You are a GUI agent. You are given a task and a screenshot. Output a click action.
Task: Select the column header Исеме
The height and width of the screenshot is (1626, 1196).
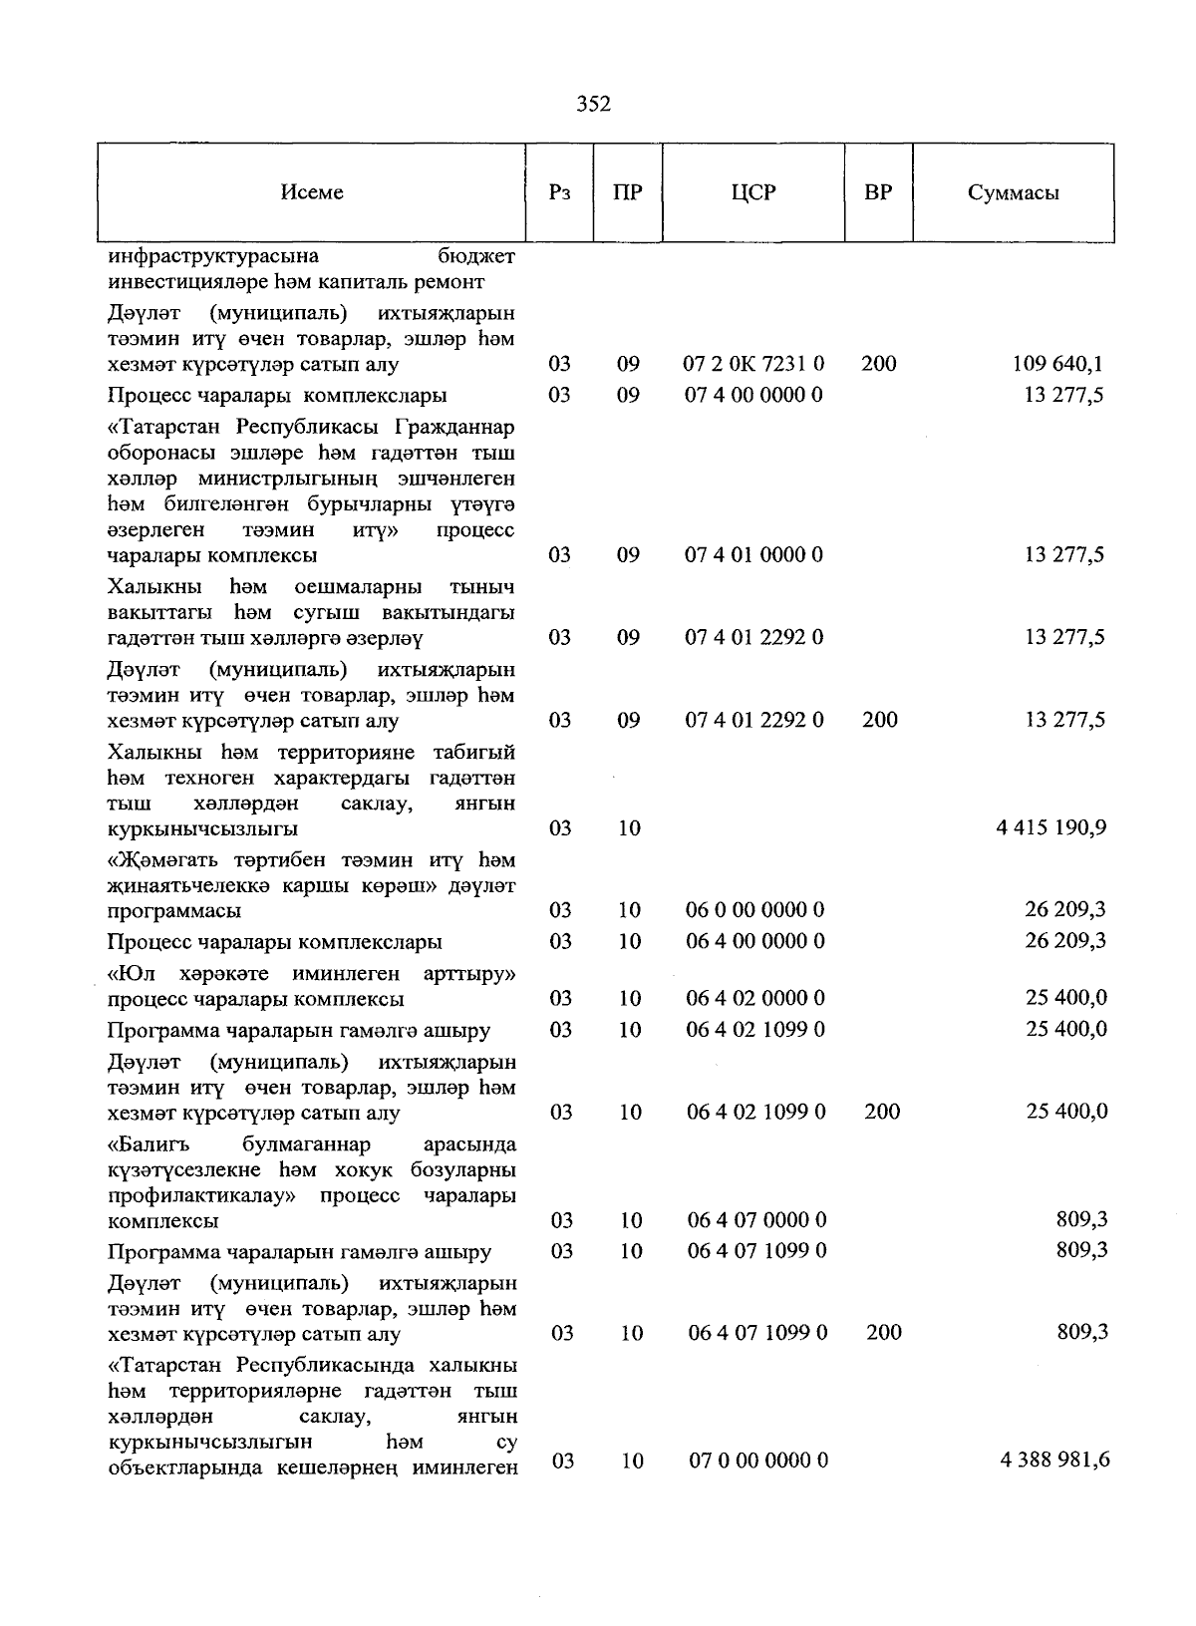[x=311, y=192]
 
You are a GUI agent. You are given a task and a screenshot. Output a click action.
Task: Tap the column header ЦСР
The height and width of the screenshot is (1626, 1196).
[x=752, y=192]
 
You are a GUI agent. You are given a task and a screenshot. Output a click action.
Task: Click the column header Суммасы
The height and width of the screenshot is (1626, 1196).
[x=1013, y=192]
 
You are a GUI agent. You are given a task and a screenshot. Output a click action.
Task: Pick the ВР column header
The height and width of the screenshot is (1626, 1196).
[x=878, y=192]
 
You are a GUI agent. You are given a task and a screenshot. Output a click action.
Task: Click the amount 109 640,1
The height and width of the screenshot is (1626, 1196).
[x=1057, y=364]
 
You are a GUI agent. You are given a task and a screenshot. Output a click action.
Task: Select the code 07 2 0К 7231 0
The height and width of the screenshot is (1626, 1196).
[x=753, y=364]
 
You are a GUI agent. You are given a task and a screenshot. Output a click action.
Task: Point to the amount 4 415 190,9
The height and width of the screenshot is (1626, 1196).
[x=1050, y=827]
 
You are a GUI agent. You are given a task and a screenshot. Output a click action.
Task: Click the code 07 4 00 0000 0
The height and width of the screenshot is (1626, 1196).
[x=753, y=395]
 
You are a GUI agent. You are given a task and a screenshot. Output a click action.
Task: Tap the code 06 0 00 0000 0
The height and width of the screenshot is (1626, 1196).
[x=755, y=910]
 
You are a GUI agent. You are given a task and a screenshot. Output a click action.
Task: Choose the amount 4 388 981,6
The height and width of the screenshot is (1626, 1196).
[x=1054, y=1461]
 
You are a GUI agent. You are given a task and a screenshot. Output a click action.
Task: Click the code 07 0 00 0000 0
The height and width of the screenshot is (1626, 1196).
[x=758, y=1461]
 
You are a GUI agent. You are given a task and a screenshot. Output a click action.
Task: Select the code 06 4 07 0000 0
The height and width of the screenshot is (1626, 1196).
[x=756, y=1220]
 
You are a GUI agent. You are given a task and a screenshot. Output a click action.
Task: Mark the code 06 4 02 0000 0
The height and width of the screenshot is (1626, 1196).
[x=755, y=998]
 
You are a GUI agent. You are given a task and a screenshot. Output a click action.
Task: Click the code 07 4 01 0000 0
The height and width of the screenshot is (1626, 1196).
[x=753, y=555]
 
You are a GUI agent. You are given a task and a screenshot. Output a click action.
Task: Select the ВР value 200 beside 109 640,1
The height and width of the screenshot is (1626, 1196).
[x=878, y=364]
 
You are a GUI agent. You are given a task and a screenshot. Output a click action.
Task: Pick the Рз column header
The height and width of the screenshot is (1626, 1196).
[x=559, y=192]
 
